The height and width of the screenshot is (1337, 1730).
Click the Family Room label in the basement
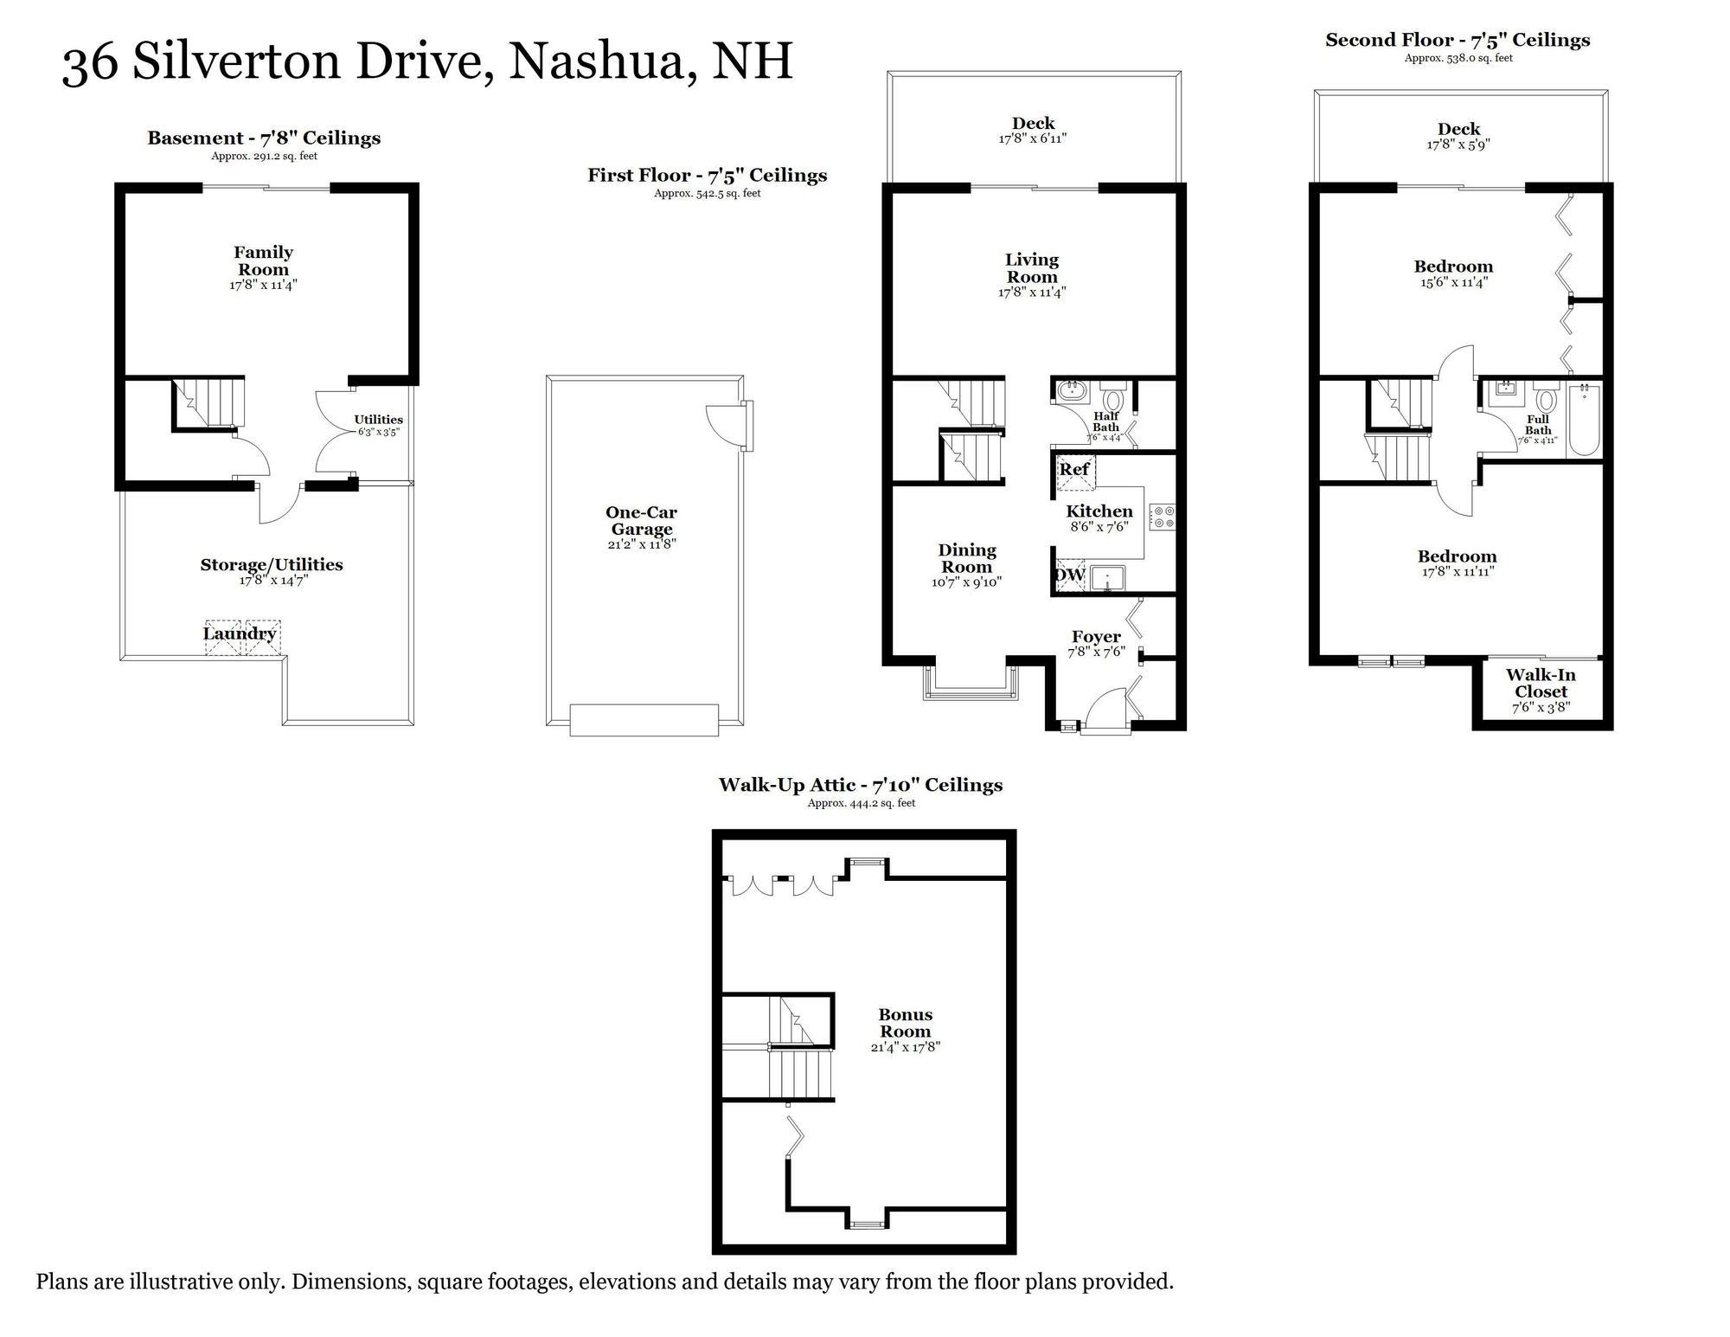click(x=263, y=261)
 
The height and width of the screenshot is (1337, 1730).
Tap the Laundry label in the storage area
click(x=240, y=634)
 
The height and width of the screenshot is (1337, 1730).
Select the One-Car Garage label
click(x=641, y=521)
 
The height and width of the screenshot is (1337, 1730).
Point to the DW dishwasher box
click(x=1069, y=575)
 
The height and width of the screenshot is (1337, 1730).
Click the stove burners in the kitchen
click(x=1162, y=517)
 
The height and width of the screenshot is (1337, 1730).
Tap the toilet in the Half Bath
click(x=1112, y=400)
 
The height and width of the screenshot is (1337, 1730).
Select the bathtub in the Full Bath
click(x=1585, y=420)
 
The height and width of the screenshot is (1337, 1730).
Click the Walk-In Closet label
click(x=1541, y=684)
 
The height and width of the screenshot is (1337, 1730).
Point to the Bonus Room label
click(x=905, y=1023)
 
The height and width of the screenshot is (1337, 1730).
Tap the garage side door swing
click(x=725, y=424)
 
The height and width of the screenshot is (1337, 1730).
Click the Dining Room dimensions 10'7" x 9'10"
click(x=966, y=582)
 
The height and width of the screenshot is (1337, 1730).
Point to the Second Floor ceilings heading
click(x=1458, y=40)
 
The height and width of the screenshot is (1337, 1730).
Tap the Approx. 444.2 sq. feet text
click(x=861, y=803)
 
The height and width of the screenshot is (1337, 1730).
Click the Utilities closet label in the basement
click(x=378, y=420)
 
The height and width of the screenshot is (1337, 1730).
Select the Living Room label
click(x=1031, y=268)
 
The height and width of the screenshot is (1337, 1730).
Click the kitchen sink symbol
click(x=1106, y=577)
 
